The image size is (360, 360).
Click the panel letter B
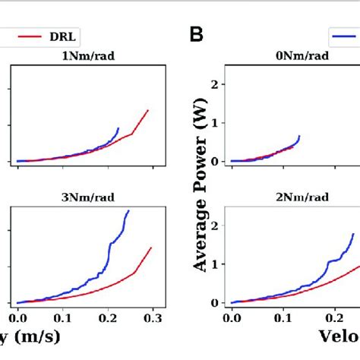coord(197,34)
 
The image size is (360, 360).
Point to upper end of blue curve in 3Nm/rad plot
coord(128,210)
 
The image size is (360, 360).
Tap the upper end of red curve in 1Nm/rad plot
coord(148,110)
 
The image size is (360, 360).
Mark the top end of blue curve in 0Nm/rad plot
coord(299,136)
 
